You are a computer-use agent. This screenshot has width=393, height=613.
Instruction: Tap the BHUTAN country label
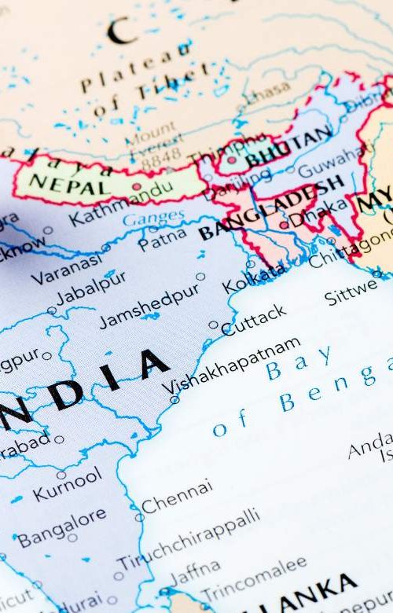click(288, 148)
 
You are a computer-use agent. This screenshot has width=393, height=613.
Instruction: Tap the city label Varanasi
click(67, 268)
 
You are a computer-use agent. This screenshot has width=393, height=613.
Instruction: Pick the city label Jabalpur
click(90, 288)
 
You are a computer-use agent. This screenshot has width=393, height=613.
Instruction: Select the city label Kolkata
click(255, 278)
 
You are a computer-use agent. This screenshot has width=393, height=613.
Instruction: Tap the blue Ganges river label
click(153, 218)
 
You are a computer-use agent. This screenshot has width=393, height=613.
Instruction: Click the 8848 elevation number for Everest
click(160, 156)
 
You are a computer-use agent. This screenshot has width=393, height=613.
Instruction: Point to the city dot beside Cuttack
click(214, 324)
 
